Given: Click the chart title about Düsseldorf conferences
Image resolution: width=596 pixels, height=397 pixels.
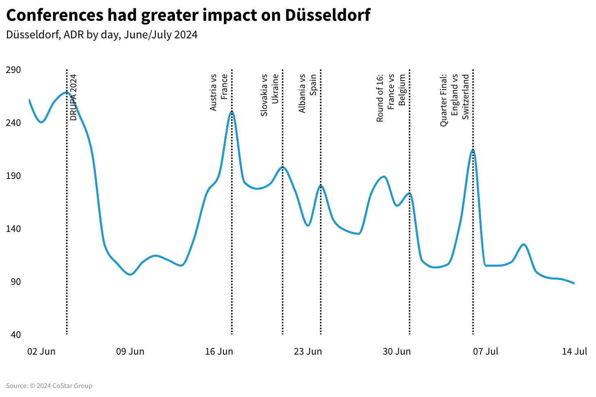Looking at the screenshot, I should point(188,15).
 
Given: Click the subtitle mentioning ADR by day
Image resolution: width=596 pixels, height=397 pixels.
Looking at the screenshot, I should point(102,35).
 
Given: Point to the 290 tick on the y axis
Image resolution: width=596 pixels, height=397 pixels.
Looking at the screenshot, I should point(13,70).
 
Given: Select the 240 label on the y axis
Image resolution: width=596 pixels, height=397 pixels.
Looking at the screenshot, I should point(13,123).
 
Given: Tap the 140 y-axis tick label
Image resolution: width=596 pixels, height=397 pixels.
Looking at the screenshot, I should point(13,229).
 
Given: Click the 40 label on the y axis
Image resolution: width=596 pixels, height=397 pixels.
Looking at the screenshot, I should point(15,335).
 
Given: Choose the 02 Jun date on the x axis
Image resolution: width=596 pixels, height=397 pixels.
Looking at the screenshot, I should point(41,351).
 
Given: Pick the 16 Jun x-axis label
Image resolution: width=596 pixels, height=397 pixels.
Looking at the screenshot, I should point(219,351).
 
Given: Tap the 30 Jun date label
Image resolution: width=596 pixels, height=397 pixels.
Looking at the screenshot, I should point(397,351).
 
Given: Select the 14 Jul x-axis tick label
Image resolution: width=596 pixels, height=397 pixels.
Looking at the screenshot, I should point(574,351).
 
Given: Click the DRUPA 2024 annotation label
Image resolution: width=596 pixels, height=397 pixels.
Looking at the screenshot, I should point(73,97).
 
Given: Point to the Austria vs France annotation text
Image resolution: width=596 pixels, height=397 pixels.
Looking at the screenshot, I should point(219,92).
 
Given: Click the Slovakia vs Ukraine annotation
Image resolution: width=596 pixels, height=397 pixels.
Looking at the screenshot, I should point(269,95).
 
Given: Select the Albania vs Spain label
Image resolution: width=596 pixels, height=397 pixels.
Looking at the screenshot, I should point(307,93).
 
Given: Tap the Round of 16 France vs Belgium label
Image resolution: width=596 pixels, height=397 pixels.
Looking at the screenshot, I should point(391,98).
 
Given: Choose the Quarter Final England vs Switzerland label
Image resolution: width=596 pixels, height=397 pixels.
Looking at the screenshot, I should point(455,100).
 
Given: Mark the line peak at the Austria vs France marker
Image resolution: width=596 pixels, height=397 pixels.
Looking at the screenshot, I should point(232,111).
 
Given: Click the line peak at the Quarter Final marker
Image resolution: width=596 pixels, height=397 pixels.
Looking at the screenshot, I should point(472,150).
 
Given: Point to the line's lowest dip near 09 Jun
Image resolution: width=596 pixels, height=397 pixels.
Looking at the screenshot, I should point(130,274).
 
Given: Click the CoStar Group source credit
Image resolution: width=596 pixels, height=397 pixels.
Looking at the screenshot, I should point(49,386).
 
